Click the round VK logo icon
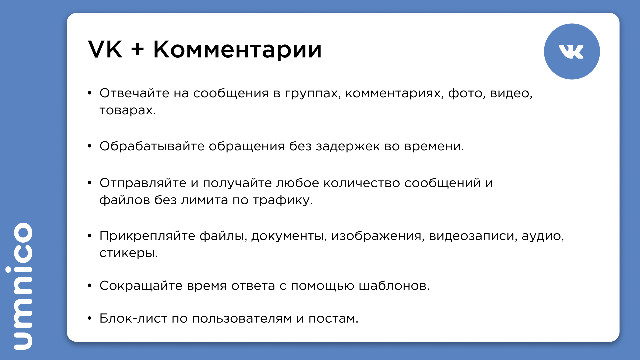[572, 51]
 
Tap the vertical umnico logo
[23, 286]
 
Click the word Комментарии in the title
[237, 50]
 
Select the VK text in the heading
[105, 49]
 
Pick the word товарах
[128, 110]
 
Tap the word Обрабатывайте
[152, 146]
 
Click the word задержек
[348, 147]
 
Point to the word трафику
[283, 200]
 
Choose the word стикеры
[129, 253]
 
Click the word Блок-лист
[133, 318]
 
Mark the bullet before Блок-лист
[89, 318]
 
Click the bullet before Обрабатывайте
[89, 146]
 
